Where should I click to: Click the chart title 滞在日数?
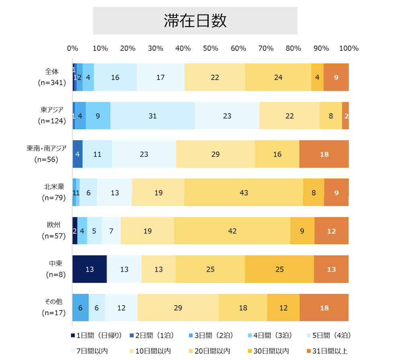[x=195, y=21]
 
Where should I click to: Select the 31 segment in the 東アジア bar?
[x=152, y=116]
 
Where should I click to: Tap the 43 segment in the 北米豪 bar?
[x=244, y=193]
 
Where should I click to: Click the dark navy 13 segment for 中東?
[x=89, y=269]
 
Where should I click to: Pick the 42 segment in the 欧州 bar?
[x=232, y=231]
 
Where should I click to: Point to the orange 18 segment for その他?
[x=324, y=308]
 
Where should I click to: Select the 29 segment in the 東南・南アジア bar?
[x=215, y=154]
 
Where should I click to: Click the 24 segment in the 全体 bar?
[x=278, y=77]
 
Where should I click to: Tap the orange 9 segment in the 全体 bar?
[x=336, y=77]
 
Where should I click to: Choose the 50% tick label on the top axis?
[x=210, y=48]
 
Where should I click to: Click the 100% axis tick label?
[x=349, y=48]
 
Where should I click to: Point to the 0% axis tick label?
[x=72, y=48]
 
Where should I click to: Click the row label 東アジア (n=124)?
[x=52, y=115]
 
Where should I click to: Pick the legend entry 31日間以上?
[x=327, y=351]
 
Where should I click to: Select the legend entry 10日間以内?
[x=150, y=351]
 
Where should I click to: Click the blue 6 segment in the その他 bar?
[x=80, y=308]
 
